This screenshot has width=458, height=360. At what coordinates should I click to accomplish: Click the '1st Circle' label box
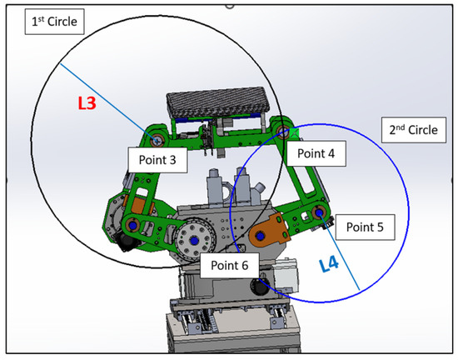pos(55,22)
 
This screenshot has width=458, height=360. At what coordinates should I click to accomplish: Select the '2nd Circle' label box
pos(414,130)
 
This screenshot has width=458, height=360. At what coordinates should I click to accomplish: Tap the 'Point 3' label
pos(157,160)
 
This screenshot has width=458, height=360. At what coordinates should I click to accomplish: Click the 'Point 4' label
pos(316,153)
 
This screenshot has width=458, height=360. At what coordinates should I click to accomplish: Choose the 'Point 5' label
pos(365,227)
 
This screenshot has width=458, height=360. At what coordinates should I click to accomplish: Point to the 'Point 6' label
pos(230,265)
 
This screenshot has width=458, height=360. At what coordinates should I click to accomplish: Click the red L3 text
pos(87,103)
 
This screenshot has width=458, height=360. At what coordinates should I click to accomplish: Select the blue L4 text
pos(329,265)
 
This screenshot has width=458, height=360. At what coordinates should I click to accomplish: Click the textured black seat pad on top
pos(218,102)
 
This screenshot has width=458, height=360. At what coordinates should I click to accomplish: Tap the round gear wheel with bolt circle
pos(194,240)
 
